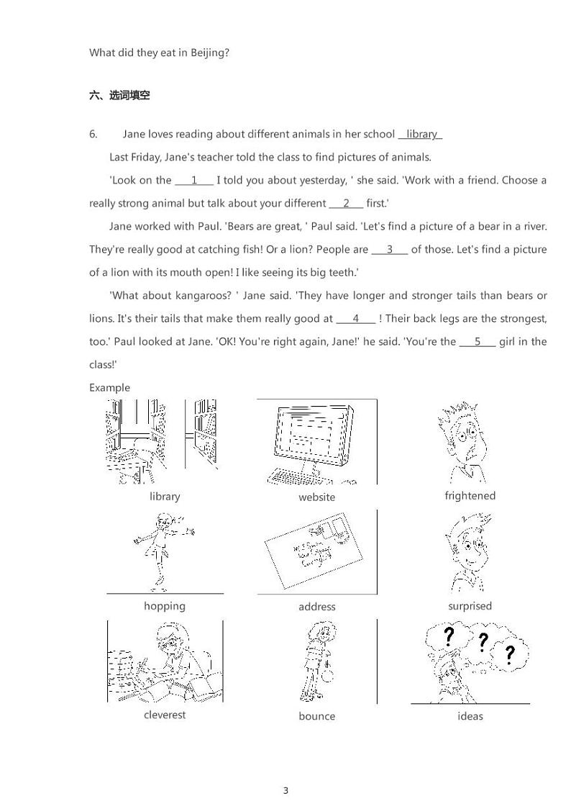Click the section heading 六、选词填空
pos(119,95)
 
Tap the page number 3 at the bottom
pos(285,790)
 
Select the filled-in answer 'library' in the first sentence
pos(421,134)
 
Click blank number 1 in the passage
pos(194,180)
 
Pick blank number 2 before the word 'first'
pos(346,203)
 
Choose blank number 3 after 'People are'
pos(390,249)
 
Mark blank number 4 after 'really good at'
pos(356,318)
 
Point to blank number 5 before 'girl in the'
pos(478,341)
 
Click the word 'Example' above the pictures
pos(109,387)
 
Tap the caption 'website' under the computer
pos(316,497)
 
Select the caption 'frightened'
pos(470,495)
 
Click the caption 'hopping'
pos(164,605)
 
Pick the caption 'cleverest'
pos(164,715)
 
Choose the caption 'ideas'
pos(470,715)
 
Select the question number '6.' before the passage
pos(93,134)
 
